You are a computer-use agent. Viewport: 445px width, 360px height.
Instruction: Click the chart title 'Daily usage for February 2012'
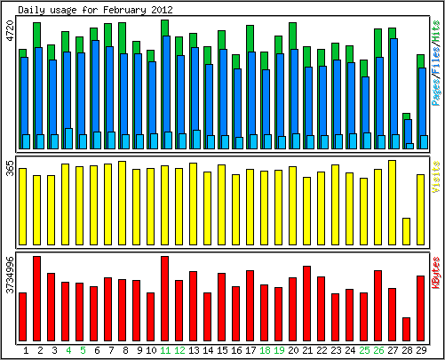tap(95, 10)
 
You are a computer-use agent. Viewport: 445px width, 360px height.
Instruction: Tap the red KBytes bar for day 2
tap(36, 299)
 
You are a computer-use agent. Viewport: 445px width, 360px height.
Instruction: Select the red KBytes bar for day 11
tap(164, 299)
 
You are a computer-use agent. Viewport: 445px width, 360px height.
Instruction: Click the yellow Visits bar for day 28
tap(406, 231)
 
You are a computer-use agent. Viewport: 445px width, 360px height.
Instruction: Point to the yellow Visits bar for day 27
tap(392, 203)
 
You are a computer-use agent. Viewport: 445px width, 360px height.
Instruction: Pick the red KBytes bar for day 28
tap(406, 329)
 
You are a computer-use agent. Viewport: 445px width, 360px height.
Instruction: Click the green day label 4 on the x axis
tap(68, 350)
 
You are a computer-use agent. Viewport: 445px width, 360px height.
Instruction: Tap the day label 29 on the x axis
tap(421, 350)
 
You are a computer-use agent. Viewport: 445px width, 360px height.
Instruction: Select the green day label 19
tap(279, 350)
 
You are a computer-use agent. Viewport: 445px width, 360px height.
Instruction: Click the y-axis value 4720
tap(10, 30)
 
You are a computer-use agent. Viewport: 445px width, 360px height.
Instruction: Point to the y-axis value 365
tap(10, 168)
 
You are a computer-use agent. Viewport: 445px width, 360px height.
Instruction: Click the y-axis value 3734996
tap(10, 275)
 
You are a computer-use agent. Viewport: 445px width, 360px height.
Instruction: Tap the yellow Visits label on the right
tap(436, 177)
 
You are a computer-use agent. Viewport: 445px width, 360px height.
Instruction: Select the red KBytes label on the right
tap(436, 273)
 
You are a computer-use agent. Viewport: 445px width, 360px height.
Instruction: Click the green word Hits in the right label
tap(436, 30)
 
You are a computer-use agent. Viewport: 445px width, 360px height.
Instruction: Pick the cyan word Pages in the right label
tap(436, 92)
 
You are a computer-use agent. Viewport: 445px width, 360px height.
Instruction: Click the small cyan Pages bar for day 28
tap(409, 146)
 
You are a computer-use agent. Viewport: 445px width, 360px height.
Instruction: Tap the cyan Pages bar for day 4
tap(68, 139)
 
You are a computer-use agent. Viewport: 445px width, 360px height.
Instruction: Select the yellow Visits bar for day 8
tap(122, 203)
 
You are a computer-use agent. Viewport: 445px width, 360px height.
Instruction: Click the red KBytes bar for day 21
tap(306, 303)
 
